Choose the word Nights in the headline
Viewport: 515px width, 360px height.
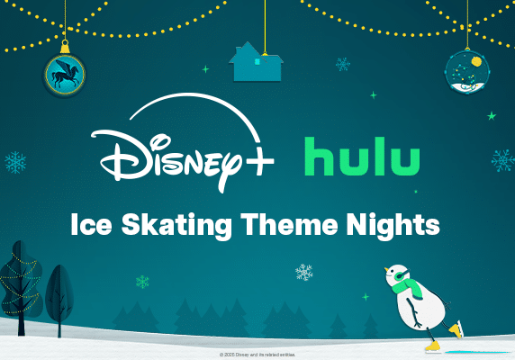(x=397, y=225)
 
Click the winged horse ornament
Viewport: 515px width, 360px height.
(x=65, y=74)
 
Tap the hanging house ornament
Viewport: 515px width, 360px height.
(x=257, y=62)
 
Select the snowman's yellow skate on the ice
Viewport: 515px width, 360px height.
(x=431, y=345)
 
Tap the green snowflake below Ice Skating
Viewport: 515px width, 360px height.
(x=142, y=282)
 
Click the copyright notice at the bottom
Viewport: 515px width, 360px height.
(x=257, y=355)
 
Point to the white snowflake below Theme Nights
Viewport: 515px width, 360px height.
(x=304, y=272)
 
